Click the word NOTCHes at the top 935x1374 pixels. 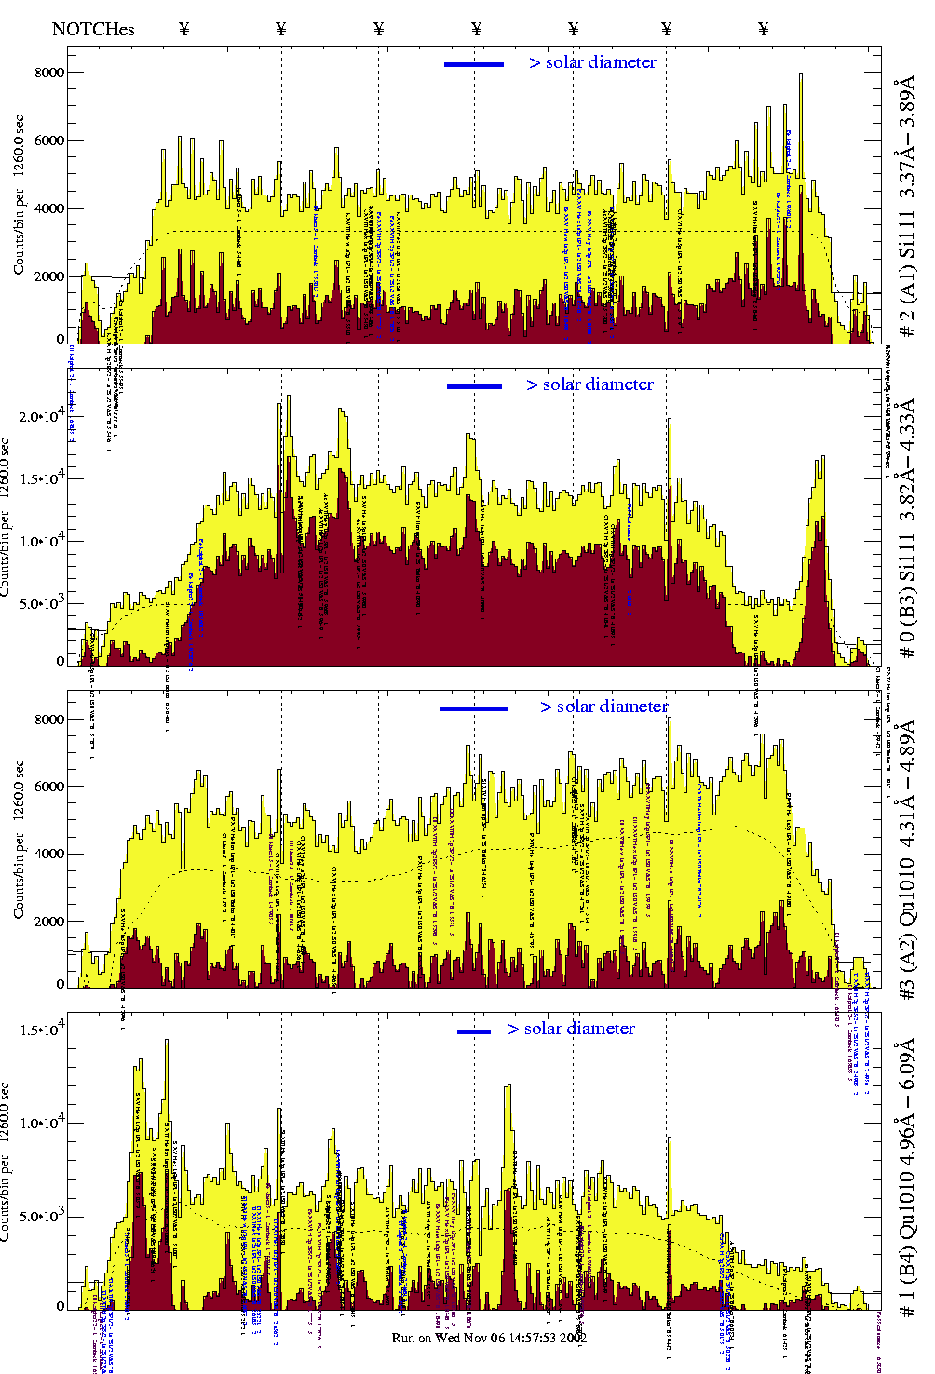[93, 29]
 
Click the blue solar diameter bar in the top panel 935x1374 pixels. [474, 64]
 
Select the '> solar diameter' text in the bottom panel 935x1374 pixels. [571, 1029]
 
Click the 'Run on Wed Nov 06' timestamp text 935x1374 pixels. [489, 1338]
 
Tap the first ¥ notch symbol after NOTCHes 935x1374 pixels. [184, 29]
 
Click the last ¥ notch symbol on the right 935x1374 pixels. [764, 29]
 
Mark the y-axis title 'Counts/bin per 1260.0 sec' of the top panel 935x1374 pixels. [19, 195]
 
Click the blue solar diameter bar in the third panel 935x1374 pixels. [474, 708]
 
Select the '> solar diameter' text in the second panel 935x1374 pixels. [589, 384]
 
